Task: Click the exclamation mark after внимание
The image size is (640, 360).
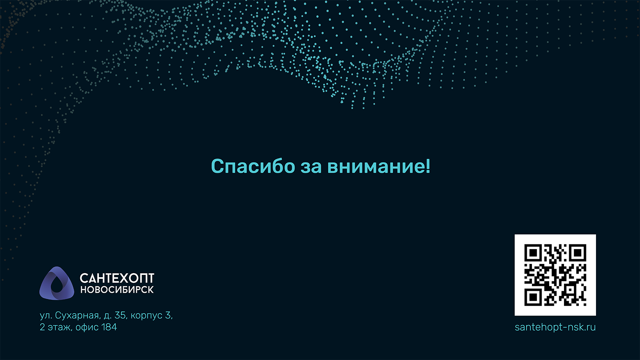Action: click(428, 166)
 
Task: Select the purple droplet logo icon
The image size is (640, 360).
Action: click(56, 283)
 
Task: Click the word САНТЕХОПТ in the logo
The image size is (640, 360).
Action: click(117, 278)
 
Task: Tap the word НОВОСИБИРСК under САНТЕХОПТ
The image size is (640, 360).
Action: click(117, 290)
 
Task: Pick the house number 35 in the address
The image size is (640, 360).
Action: click(120, 316)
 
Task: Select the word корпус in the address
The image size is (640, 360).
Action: click(146, 316)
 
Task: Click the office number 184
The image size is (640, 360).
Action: click(109, 327)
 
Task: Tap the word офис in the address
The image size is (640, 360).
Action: click(87, 327)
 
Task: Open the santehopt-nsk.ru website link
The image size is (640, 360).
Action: click(555, 327)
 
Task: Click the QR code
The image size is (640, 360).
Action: click(555, 275)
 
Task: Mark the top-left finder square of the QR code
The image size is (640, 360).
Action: click(533, 253)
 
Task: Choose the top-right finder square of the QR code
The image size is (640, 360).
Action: click(578, 253)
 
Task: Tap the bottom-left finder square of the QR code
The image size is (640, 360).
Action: click(533, 297)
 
